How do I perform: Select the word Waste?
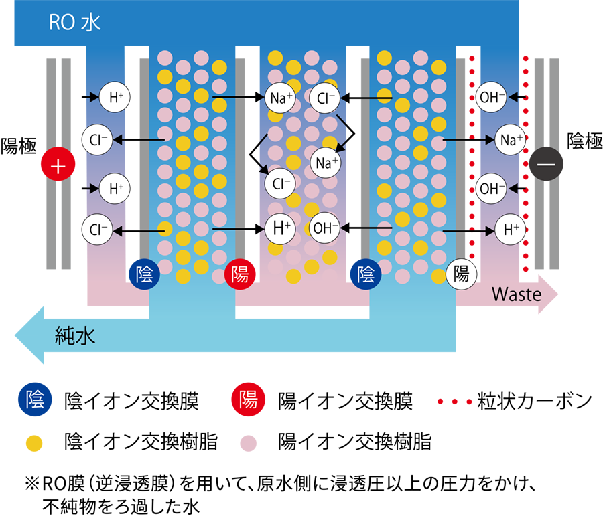517,294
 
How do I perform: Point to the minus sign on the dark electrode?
547,165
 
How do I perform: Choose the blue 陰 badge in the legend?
35,400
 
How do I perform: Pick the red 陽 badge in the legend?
248,400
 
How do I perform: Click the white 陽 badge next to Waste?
462,273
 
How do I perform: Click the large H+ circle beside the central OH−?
280,228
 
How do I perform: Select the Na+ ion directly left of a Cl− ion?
280,98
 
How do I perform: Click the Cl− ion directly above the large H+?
280,183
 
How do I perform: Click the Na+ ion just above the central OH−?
326,162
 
